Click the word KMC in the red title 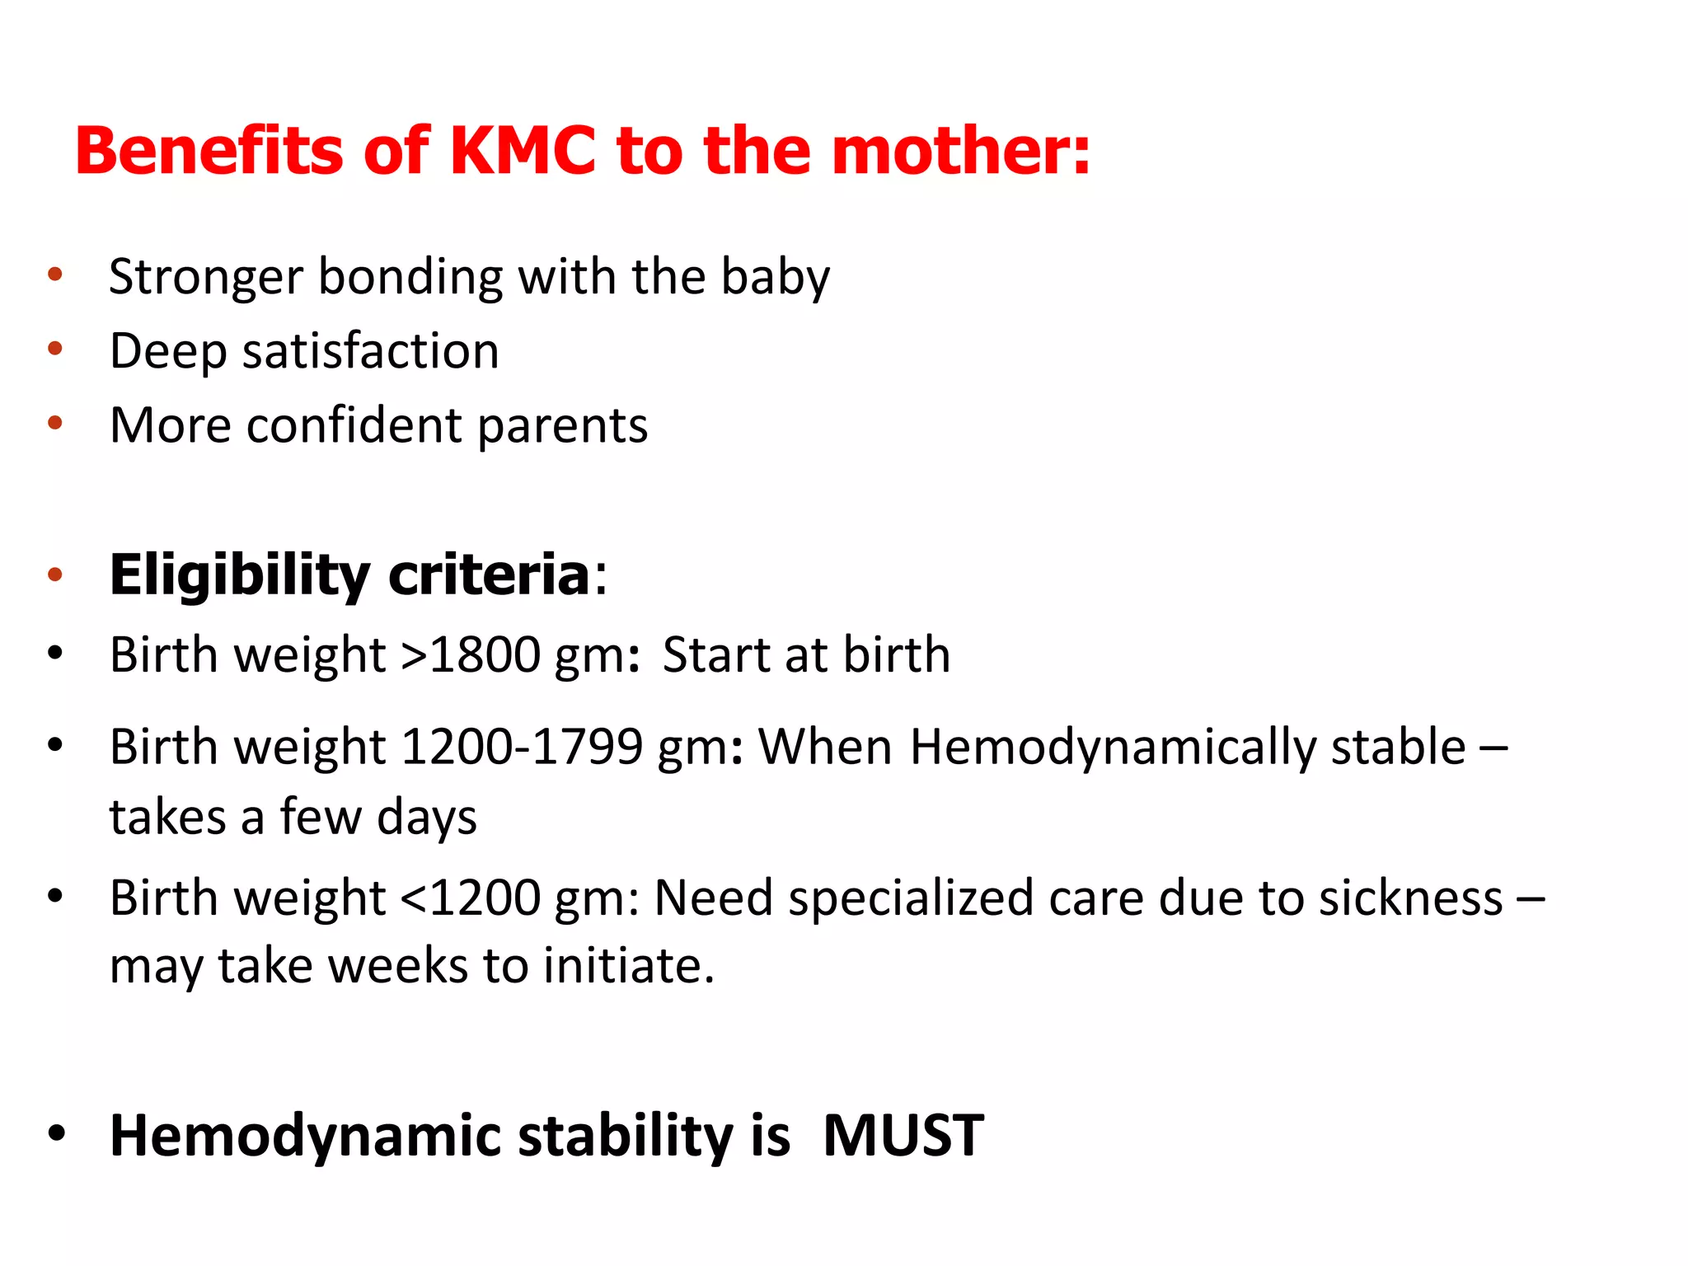click(523, 151)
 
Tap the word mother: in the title click(961, 151)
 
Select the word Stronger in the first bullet click(206, 277)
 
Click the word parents click(562, 427)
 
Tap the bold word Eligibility click(239, 575)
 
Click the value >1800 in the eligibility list click(470, 655)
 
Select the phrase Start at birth click(806, 655)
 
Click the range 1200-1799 click(521, 748)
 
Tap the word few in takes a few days click(321, 818)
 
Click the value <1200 click(470, 898)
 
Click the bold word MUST click(903, 1136)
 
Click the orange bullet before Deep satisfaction click(55, 349)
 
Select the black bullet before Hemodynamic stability click(56, 1133)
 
